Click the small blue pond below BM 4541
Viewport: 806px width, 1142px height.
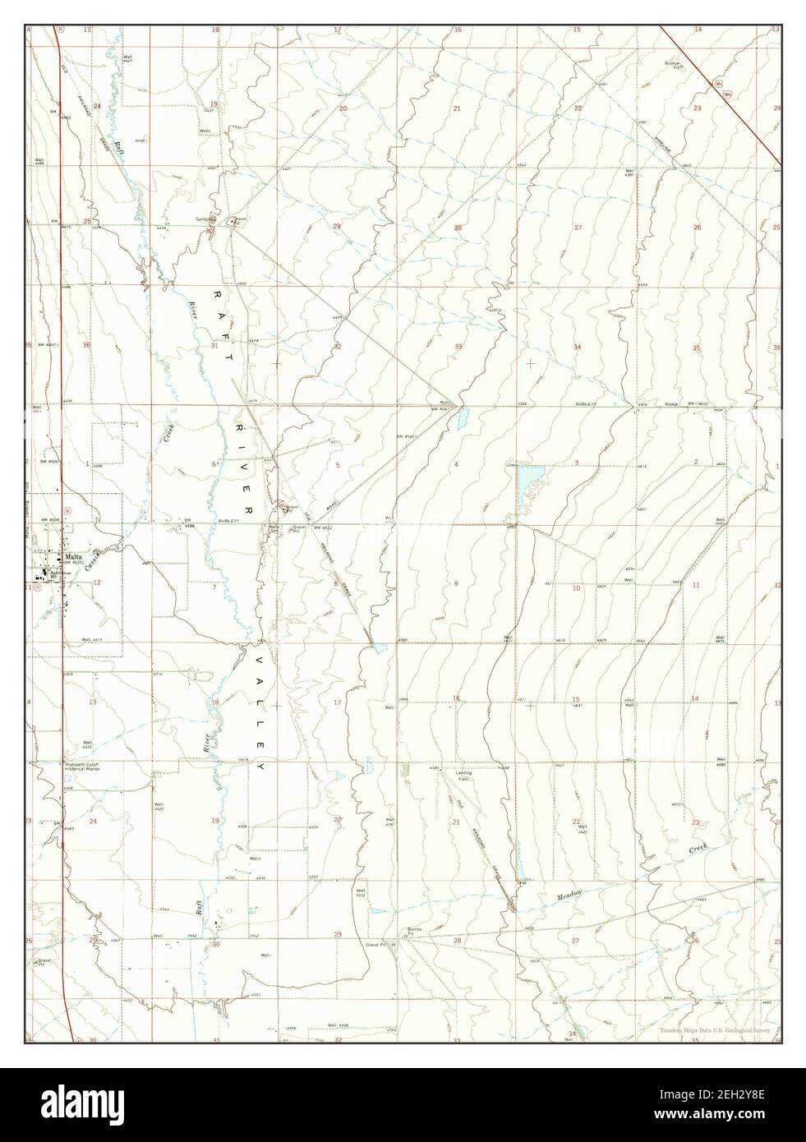tap(460, 420)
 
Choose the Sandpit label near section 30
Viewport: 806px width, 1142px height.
tap(204, 219)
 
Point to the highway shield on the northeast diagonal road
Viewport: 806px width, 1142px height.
tap(720, 85)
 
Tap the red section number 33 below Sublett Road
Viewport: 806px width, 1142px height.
tap(456, 347)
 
